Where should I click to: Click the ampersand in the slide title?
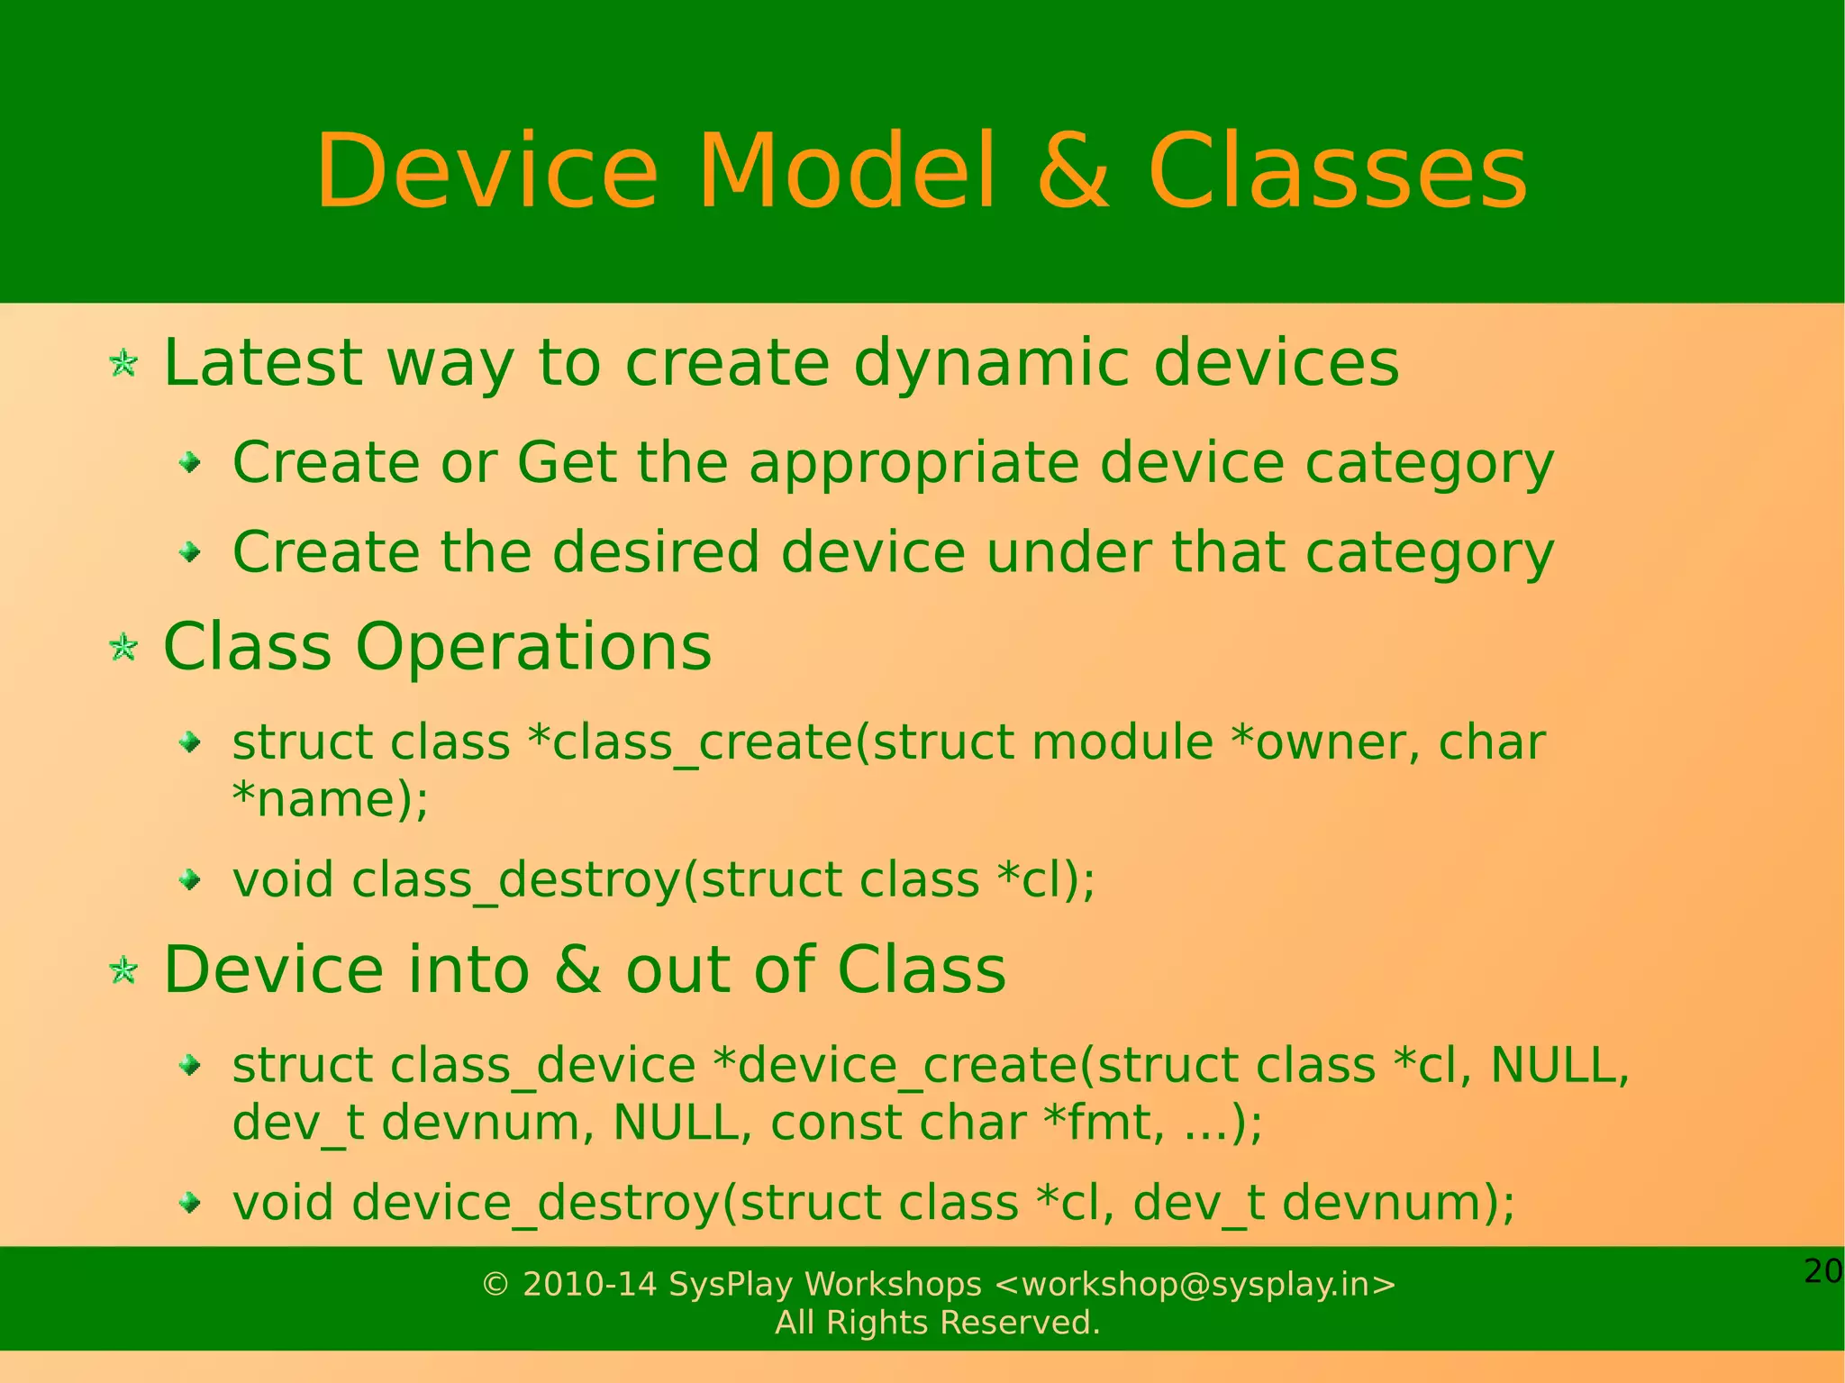tap(1072, 171)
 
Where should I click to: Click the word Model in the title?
tap(847, 171)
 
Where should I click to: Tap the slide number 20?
tap(1822, 1271)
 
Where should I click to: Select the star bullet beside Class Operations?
tap(123, 647)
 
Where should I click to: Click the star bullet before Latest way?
tap(123, 364)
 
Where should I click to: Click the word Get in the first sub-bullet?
tap(566, 463)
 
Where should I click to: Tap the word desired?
tap(656, 552)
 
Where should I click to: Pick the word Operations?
tap(533, 647)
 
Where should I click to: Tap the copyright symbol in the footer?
tap(496, 1284)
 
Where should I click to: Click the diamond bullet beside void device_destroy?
tap(189, 1202)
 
